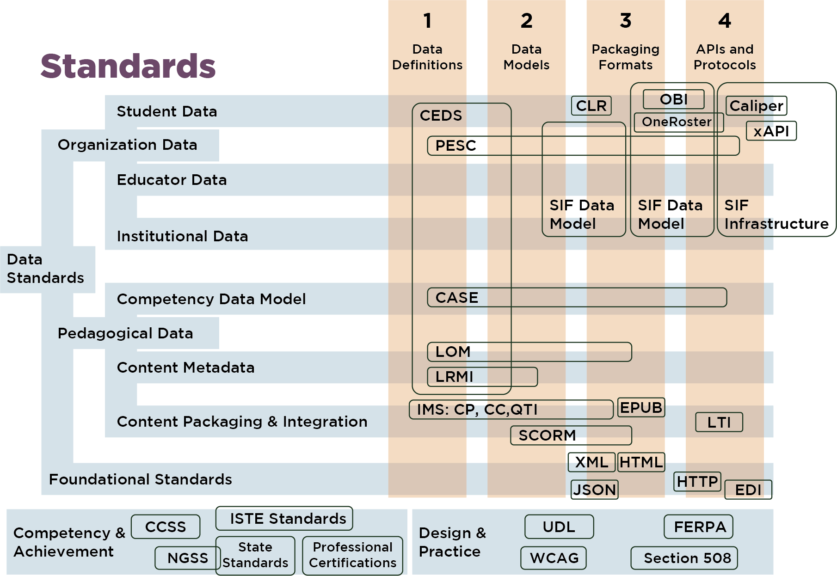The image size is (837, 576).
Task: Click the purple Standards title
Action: (128, 66)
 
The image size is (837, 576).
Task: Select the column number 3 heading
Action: (625, 21)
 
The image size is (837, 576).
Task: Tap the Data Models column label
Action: (526, 57)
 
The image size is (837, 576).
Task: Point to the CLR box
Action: (591, 105)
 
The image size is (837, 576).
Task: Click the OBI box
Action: (673, 99)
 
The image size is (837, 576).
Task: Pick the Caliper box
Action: (756, 106)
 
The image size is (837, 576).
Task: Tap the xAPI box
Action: (771, 131)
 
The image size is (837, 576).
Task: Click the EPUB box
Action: (641, 407)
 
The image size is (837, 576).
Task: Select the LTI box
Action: (719, 422)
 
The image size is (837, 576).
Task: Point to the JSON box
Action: (594, 490)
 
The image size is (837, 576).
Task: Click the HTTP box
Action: (697, 482)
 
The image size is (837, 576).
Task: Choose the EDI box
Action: (748, 490)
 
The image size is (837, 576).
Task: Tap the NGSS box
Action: (187, 558)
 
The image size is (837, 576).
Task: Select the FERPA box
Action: (699, 527)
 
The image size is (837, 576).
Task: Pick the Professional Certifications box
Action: (352, 555)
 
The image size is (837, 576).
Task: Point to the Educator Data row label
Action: (172, 180)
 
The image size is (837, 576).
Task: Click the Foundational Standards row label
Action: (140, 479)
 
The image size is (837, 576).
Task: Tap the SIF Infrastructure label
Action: (776, 214)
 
